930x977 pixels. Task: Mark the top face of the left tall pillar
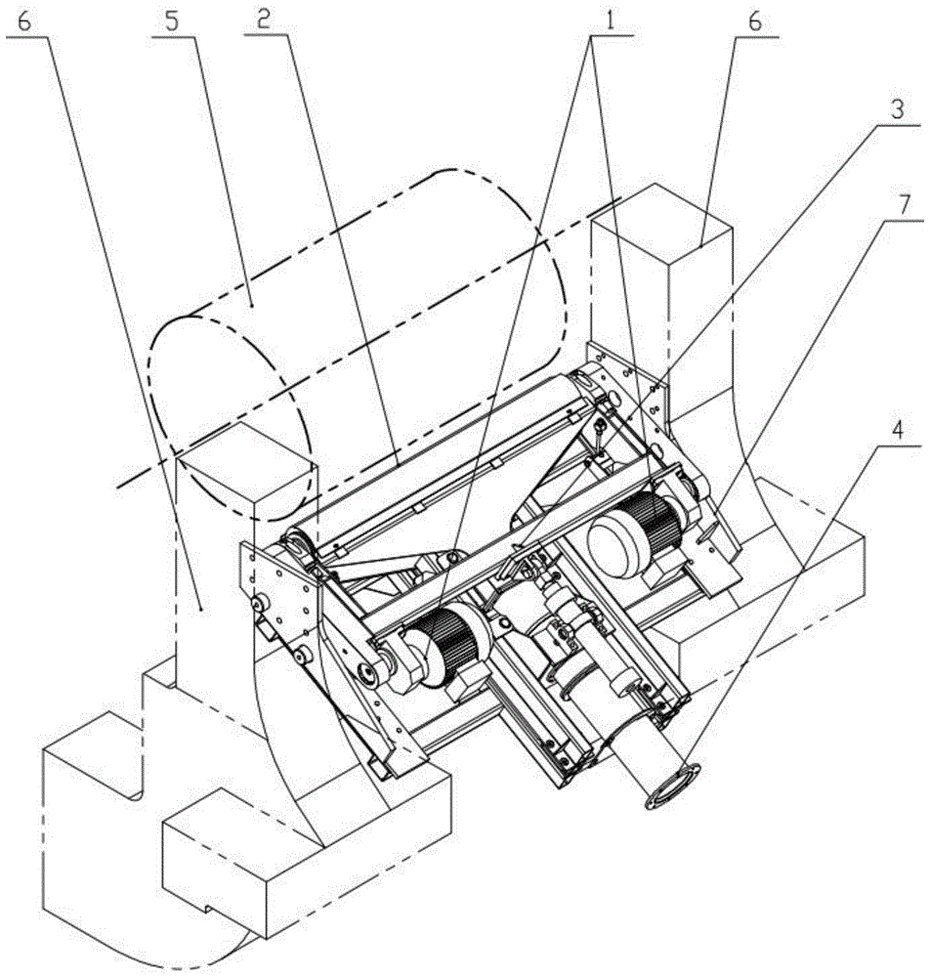244,459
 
